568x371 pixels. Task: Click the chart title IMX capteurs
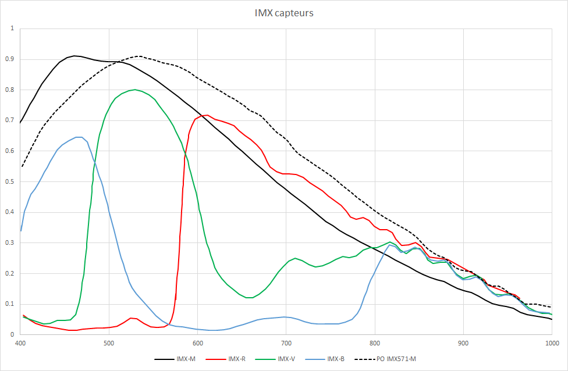point(283,13)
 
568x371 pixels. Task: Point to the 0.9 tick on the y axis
point(11,59)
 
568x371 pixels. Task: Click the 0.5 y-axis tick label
point(11,181)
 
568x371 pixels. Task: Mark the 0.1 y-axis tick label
point(11,304)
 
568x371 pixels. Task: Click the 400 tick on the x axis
point(20,343)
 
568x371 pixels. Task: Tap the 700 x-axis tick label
point(286,343)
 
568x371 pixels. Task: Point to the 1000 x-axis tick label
point(551,343)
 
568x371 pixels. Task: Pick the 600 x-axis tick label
point(197,343)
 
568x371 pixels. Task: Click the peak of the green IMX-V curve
point(135,90)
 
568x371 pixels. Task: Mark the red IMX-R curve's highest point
point(207,115)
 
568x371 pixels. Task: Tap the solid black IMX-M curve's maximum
point(74,56)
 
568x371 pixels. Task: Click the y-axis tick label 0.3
point(11,242)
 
